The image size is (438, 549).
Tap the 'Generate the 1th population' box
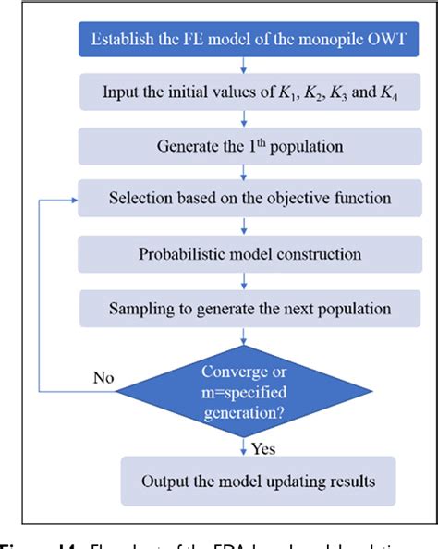(244, 145)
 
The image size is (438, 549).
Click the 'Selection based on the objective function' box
(244, 199)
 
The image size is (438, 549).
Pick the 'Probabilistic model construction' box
(244, 251)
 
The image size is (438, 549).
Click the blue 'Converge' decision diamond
(244, 380)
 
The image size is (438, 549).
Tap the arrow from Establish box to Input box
(244, 65)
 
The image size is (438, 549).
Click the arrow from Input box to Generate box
(244, 118)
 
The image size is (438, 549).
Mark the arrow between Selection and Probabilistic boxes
(244, 226)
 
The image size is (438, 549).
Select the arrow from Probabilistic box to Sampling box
(244, 278)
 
